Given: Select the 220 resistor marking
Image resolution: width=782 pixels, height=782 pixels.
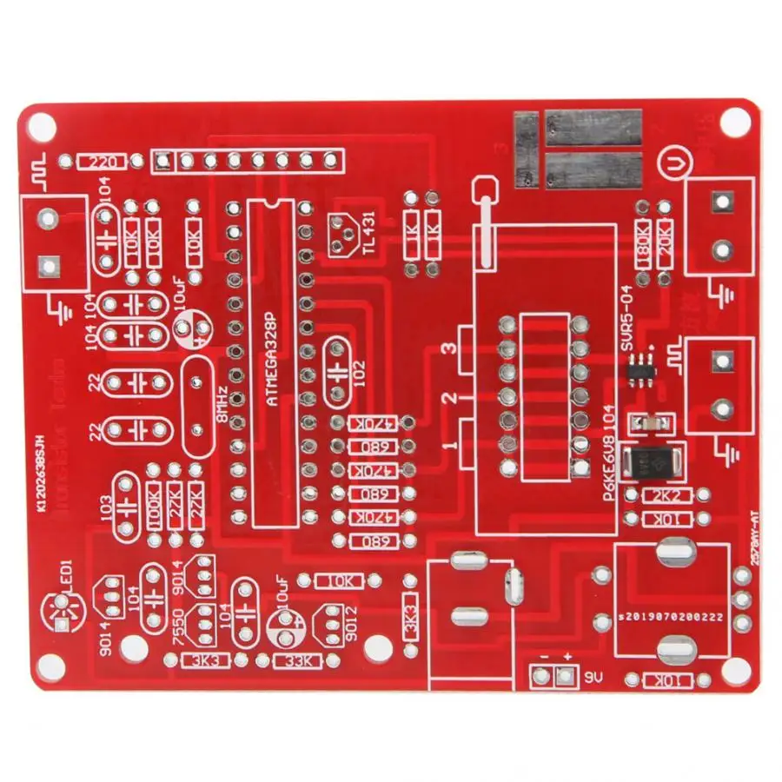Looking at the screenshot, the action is [x=102, y=162].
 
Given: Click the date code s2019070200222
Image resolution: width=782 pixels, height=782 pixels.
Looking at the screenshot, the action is [x=669, y=616].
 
